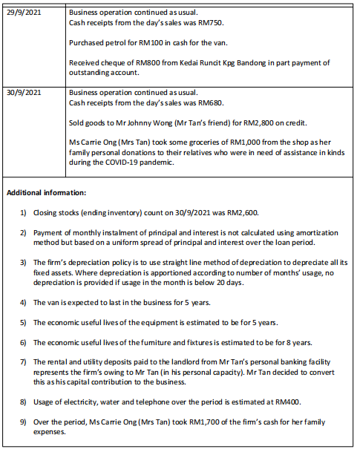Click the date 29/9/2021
pos(26,13)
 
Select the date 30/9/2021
pos(26,94)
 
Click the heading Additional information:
pos(47,192)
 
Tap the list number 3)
pos(23,263)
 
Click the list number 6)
pos(23,342)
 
